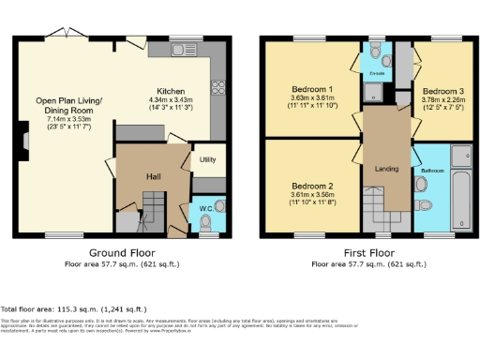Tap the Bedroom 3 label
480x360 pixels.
pos(442,91)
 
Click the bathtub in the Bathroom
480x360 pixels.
pos(460,187)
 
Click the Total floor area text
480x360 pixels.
pos(74,308)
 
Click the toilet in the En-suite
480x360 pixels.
pos(374,50)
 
